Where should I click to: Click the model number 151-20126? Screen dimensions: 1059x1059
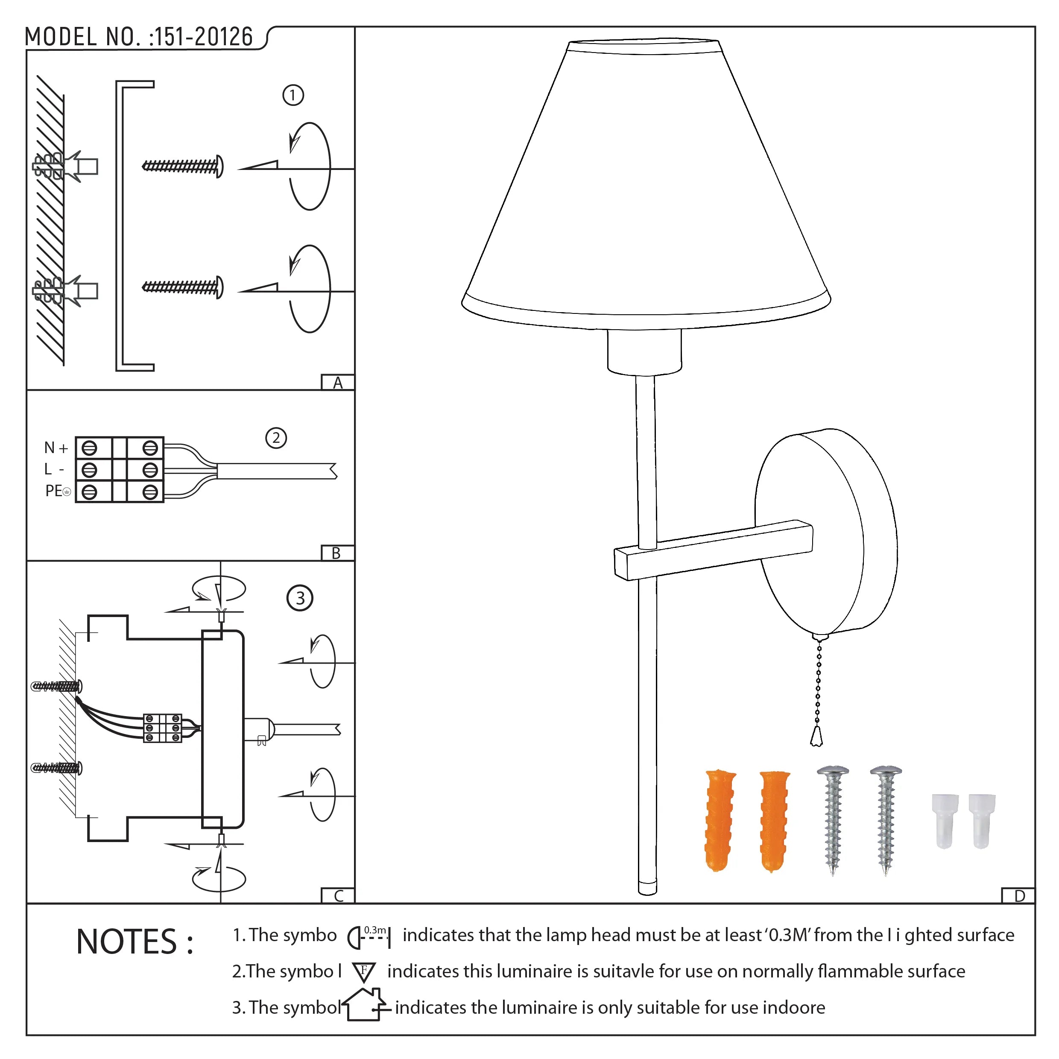tap(203, 37)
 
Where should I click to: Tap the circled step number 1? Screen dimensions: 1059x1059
tap(293, 95)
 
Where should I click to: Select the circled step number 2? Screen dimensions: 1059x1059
tap(276, 438)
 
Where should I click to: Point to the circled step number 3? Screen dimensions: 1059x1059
tap(300, 598)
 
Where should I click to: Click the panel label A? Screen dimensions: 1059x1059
tap(338, 383)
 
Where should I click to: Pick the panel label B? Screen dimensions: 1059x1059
tap(336, 553)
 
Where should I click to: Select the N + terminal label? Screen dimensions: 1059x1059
tap(56, 448)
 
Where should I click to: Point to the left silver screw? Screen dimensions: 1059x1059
tap(833, 820)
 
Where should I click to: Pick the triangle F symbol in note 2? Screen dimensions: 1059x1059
tap(363, 972)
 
